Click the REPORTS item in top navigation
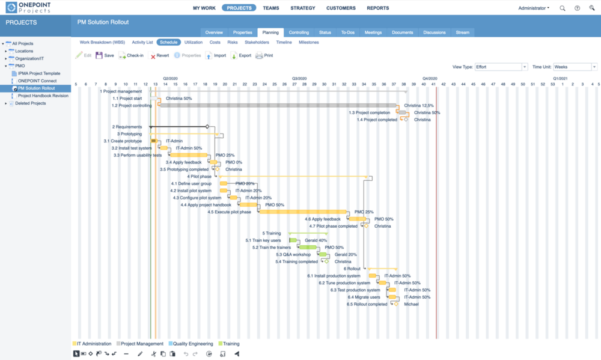377,8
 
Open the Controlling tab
299,32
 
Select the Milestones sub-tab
309,43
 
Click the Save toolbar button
105,55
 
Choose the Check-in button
131,55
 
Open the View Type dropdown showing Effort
501,67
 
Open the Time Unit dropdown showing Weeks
575,67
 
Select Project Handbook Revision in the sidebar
43,96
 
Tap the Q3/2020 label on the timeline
299,78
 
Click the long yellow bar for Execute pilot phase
303,212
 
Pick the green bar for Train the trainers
308,247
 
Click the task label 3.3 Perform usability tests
137,155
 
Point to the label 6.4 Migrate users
364,297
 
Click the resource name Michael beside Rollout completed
411,304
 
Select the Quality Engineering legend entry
191,344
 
